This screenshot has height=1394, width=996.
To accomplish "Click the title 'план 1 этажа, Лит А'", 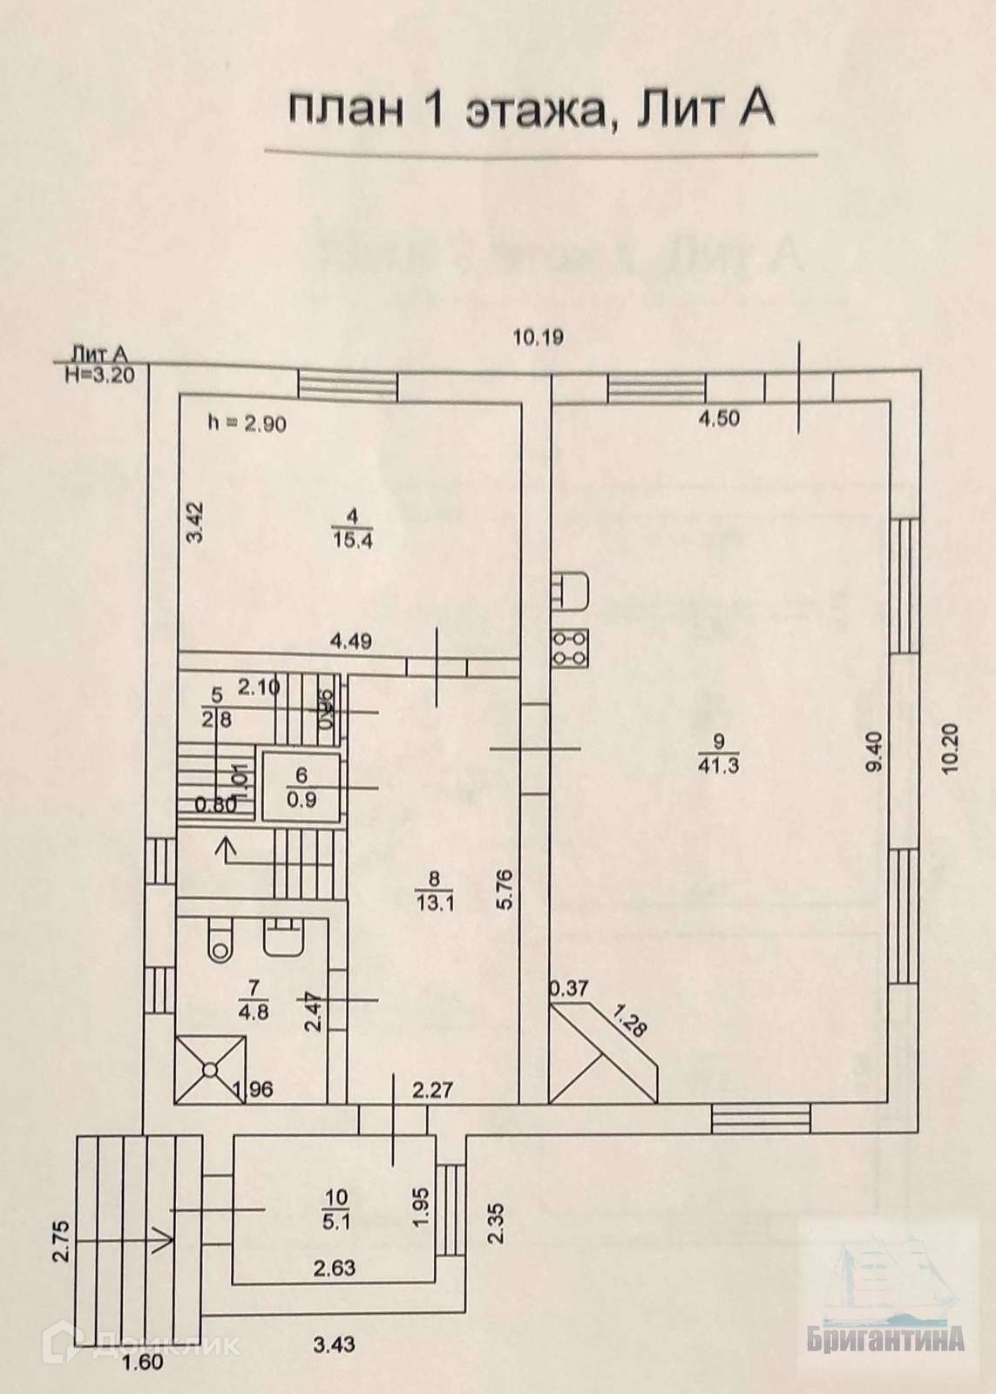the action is (531, 112).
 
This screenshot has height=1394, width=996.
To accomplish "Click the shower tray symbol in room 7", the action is (210, 1069).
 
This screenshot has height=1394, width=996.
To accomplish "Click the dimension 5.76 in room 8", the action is (504, 887).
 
